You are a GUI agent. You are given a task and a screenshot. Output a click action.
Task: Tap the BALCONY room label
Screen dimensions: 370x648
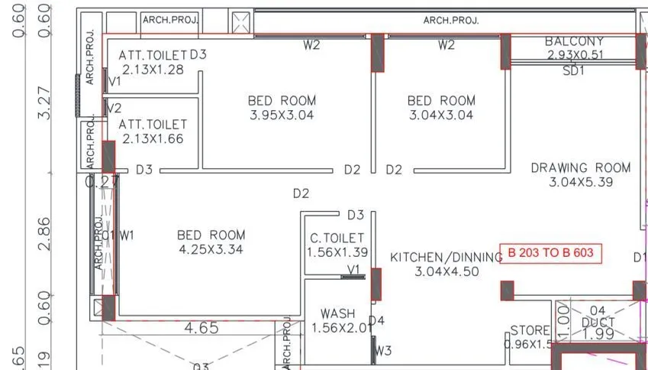point(574,41)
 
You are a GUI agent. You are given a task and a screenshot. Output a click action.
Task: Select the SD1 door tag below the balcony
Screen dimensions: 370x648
point(573,70)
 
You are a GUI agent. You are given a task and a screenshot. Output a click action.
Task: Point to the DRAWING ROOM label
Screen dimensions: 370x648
point(581,167)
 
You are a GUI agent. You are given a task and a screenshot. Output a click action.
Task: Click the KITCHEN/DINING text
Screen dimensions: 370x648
point(446,258)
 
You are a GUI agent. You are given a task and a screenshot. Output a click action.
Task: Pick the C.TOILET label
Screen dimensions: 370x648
point(337,239)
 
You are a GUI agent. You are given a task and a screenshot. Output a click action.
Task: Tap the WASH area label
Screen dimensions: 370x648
point(337,313)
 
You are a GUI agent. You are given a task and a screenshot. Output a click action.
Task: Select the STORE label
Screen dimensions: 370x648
point(530,330)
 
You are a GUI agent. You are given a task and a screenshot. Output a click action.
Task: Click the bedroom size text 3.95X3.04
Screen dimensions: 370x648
point(282,115)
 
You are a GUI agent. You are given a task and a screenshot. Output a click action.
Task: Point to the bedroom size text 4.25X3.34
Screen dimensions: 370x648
point(211,249)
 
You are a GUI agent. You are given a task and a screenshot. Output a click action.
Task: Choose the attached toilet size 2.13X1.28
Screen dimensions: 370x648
point(153,70)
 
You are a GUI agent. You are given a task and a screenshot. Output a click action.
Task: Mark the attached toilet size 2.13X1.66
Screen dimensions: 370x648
point(153,138)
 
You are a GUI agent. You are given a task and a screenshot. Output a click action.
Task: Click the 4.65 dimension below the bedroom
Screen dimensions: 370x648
point(202,328)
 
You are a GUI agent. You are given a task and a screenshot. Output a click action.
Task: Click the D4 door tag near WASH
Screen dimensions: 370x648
point(376,320)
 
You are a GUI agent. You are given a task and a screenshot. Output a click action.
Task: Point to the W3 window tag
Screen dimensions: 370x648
point(383,351)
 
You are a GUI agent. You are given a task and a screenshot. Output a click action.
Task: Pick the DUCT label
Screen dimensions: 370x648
point(598,323)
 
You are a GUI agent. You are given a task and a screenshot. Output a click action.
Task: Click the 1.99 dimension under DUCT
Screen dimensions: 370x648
point(598,335)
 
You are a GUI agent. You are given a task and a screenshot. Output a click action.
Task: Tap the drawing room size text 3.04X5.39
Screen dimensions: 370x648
point(581,182)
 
